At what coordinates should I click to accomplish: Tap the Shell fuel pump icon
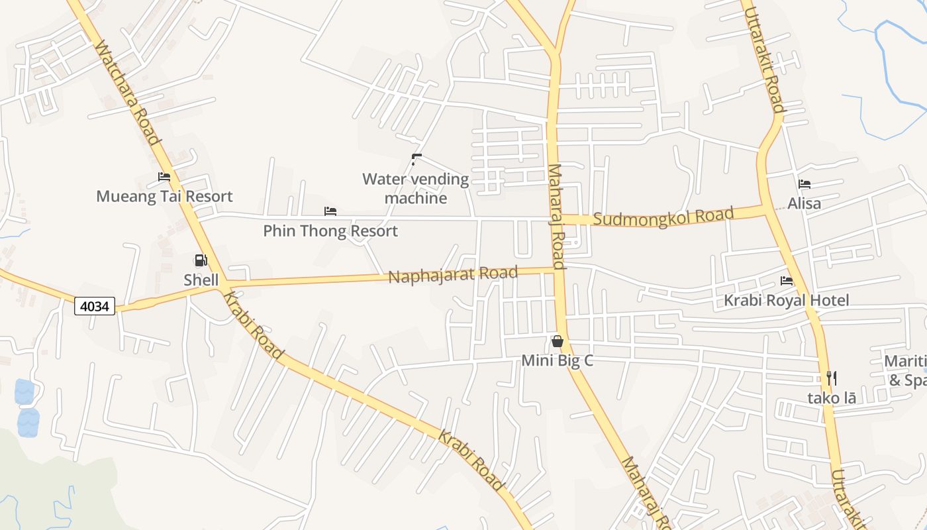pos(201,260)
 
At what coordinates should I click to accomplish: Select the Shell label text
pos(201,280)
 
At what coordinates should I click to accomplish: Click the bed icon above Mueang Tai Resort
pos(164,177)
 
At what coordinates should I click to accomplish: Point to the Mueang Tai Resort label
pos(164,196)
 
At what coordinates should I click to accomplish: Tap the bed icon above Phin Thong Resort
pos(330,211)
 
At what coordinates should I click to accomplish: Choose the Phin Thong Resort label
pos(330,231)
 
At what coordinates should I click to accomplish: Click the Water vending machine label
pos(416,188)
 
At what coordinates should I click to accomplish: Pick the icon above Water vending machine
pos(416,159)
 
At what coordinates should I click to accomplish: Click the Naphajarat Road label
pos(453,274)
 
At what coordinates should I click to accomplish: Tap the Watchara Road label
pos(127,93)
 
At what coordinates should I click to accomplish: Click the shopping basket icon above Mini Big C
pos(558,341)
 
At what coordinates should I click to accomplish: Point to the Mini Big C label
pos(558,360)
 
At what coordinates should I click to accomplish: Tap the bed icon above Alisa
pos(805,184)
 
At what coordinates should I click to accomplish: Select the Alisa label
pos(805,203)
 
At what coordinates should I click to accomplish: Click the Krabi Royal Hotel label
pos(786,300)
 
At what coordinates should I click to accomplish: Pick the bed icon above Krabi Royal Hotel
pos(787,281)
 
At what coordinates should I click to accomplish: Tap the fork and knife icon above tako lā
pos(832,378)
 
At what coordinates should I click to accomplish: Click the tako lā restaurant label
pos(832,397)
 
